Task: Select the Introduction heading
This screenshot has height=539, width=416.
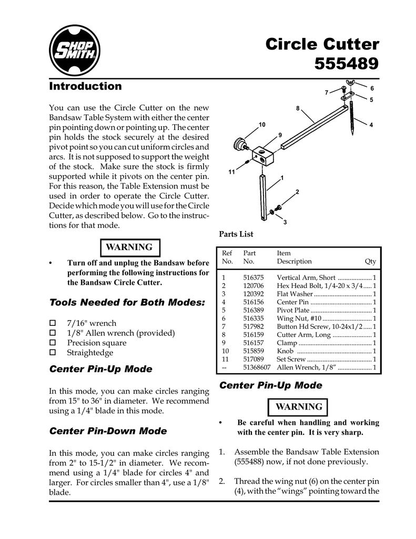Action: [x=85, y=86]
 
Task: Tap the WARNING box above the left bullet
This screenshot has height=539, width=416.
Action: [x=129, y=247]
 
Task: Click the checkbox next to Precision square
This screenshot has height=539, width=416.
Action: [x=52, y=343]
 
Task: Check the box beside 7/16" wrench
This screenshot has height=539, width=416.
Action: [x=52, y=323]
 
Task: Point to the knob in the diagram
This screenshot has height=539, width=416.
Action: [x=240, y=144]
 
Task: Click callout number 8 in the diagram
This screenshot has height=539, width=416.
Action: [x=297, y=109]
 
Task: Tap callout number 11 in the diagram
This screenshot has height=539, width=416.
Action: [x=231, y=172]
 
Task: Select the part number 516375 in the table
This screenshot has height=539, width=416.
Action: [x=253, y=277]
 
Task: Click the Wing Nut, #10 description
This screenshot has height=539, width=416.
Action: [x=298, y=318]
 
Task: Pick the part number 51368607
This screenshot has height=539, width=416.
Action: [x=256, y=367]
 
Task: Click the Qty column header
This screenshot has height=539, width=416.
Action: [x=370, y=262]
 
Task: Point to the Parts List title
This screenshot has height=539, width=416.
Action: [x=236, y=234]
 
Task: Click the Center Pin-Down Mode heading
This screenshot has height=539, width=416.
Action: [x=108, y=431]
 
